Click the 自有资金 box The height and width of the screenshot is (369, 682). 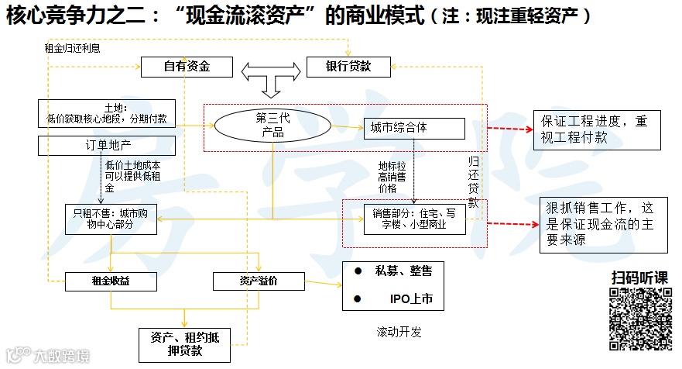187,67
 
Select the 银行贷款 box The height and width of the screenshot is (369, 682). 348,67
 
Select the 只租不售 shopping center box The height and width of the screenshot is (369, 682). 112,218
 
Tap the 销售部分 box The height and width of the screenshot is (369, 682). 415,218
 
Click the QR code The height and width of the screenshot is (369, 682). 639,319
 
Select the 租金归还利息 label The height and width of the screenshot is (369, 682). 72,48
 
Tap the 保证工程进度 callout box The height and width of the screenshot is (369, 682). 597,129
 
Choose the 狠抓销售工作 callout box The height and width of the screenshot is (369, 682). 603,224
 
